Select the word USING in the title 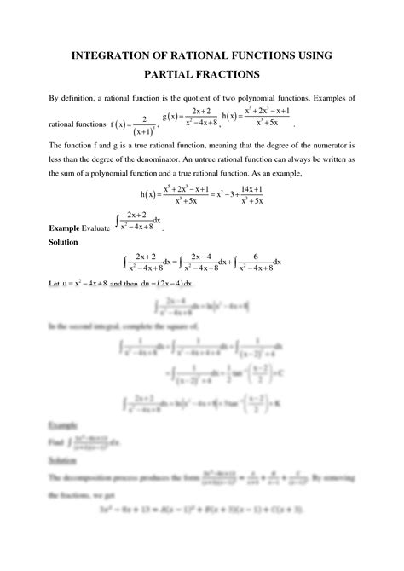(312, 55)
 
